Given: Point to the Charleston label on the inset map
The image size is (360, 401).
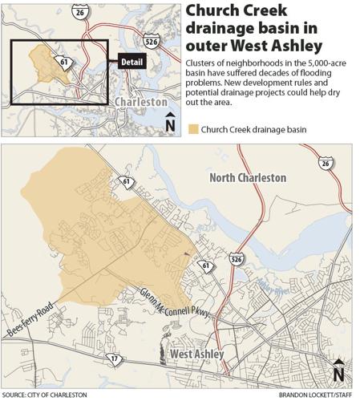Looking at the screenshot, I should coord(141,103).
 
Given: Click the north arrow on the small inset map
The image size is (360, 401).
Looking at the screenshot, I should coord(169,123).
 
